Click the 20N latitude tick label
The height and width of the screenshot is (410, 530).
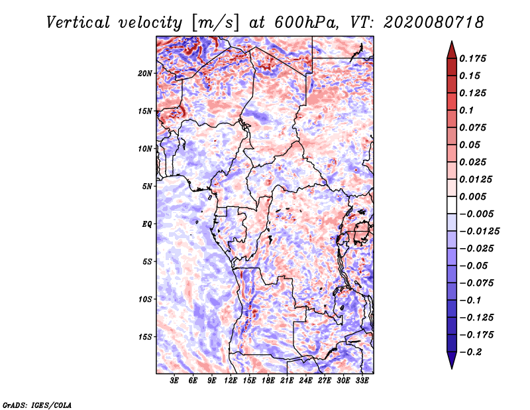tap(145, 73)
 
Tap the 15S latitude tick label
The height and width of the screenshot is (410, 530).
tap(145, 337)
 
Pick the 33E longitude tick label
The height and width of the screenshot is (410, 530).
tap(362, 381)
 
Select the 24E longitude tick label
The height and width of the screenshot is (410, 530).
tap(305, 381)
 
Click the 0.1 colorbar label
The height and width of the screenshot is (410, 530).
tap(467, 110)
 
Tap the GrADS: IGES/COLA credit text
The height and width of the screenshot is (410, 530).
tap(36, 404)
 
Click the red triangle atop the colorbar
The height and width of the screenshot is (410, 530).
tap(450, 48)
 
